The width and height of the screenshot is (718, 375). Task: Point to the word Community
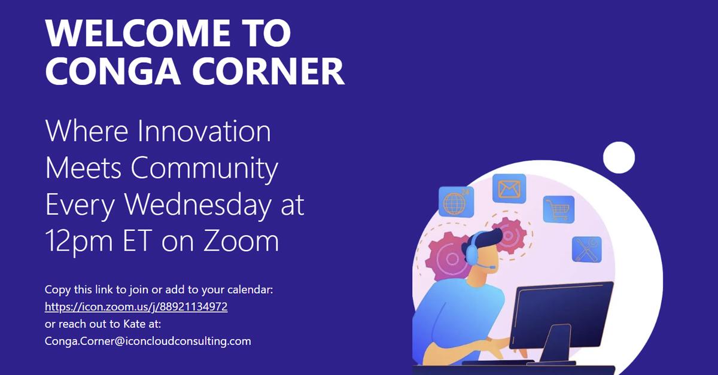205,169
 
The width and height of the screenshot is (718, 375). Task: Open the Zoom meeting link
136,307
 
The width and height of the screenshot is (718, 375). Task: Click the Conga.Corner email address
148,342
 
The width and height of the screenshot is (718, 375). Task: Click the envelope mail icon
509,189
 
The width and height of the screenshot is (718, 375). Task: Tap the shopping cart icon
558,209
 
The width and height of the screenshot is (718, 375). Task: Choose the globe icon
456,202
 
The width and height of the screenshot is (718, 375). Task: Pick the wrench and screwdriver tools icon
586,249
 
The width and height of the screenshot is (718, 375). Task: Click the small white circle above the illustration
619,158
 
